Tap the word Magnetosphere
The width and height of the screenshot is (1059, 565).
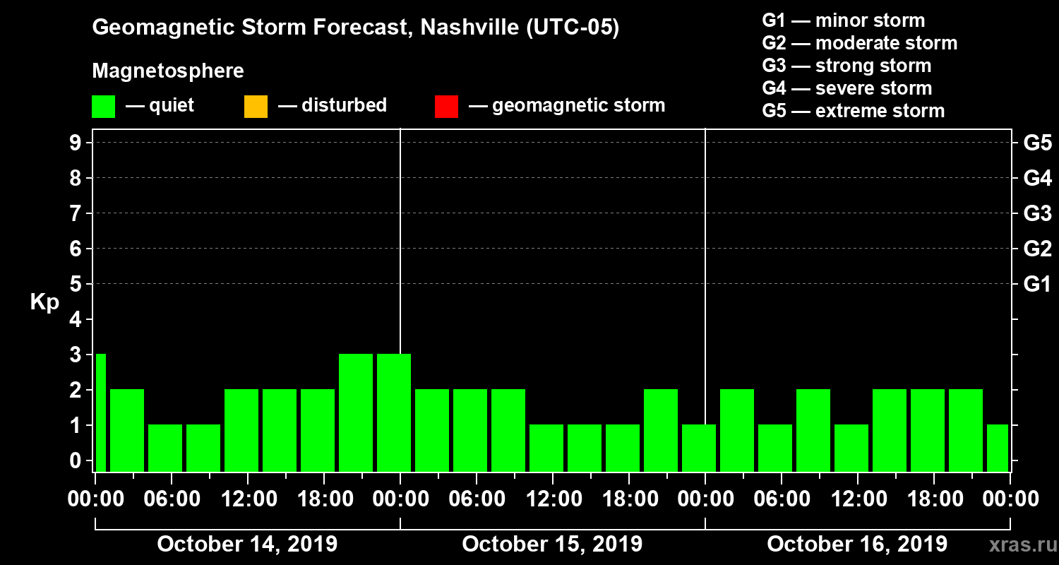(x=168, y=71)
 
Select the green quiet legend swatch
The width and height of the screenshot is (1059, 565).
(x=103, y=107)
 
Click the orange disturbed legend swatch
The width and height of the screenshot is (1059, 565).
(x=256, y=107)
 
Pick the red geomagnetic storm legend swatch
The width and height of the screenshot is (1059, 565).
(x=446, y=107)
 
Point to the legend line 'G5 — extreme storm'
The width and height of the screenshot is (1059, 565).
(x=853, y=111)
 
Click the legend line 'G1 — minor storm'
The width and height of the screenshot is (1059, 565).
(x=843, y=20)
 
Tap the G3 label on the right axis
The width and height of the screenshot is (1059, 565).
(x=1037, y=213)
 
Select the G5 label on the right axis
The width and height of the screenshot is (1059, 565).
(x=1037, y=143)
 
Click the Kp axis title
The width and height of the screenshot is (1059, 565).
(x=44, y=302)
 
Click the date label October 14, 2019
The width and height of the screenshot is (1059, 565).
(x=247, y=544)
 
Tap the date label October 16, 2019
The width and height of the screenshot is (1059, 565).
(x=857, y=544)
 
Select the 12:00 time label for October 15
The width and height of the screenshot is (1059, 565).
(x=553, y=499)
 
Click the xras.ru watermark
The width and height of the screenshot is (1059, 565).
(x=1017, y=545)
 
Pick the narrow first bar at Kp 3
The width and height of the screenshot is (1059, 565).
(x=100, y=412)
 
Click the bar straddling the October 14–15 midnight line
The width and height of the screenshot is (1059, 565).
(x=394, y=412)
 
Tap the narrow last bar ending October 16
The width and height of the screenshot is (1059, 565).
(x=998, y=448)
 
